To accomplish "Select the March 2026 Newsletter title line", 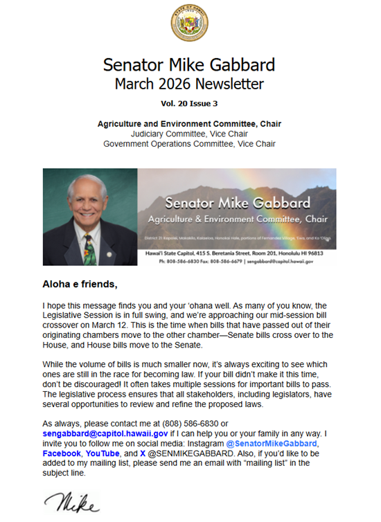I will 189,84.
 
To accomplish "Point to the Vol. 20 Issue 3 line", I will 189,104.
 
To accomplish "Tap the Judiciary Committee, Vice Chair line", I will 189,134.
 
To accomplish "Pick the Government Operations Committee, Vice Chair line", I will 189,144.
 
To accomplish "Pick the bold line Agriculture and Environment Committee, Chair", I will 189,124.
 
